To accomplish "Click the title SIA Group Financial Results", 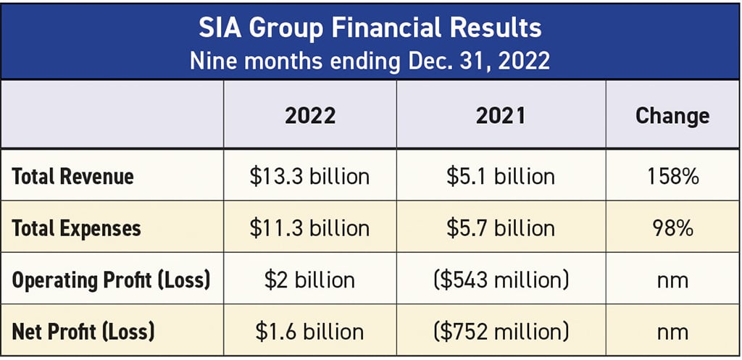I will pos(370,28).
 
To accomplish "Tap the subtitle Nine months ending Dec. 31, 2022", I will pos(370,60).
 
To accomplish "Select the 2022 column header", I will pos(309,116).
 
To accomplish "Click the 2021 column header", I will pos(501,116).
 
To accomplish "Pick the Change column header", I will pos(672,116).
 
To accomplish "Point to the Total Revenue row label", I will pos(73,176).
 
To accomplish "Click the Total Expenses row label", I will pos(77,228).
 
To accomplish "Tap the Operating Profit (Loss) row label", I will pos(111,280).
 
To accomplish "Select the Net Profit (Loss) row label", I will pos(83,332).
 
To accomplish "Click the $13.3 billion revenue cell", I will pos(309,176).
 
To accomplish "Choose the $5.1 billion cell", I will pos(501,176).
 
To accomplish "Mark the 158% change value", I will pos(672,176).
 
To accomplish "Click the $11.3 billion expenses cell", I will pos(309,228).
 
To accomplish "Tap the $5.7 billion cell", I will pos(501,228).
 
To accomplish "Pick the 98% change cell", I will pos(672,228).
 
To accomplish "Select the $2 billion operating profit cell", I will pos(309,280).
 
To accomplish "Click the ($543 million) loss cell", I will pos(501,280).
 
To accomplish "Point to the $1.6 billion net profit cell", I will pos(309,332).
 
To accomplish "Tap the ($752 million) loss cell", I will pos(501,332).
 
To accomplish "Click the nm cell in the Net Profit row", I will pos(672,332).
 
